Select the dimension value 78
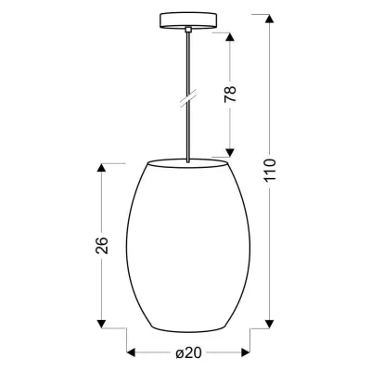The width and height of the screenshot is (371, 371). [x=233, y=94]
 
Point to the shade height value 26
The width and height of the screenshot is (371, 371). [x=103, y=245]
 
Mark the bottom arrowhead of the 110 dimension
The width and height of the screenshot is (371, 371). [x=270, y=326]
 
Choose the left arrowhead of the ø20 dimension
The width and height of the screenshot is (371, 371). [x=131, y=352]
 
